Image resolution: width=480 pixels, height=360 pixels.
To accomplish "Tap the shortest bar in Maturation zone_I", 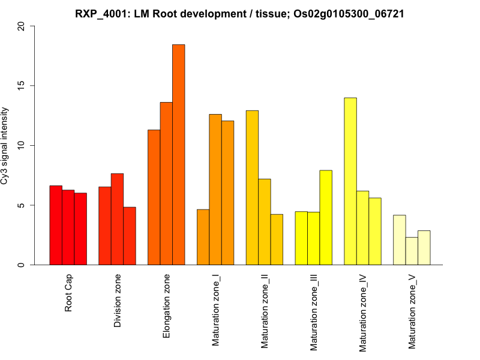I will click(x=203, y=237).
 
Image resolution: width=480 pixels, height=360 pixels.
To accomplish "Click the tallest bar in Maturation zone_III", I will click(x=326, y=218).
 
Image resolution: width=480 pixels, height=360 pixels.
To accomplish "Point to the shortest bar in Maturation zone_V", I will click(x=412, y=251).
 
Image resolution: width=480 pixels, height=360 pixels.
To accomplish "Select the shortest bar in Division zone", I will click(x=130, y=236).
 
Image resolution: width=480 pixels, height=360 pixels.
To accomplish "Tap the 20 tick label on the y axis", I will click(x=22, y=26).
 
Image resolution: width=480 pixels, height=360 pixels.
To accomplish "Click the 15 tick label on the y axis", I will click(x=22, y=86).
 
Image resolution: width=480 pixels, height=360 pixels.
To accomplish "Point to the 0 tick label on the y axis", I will click(x=22, y=265).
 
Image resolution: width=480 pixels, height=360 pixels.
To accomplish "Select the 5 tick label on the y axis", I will click(x=22, y=205).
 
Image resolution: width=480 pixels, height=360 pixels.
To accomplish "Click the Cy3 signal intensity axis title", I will click(x=5, y=146).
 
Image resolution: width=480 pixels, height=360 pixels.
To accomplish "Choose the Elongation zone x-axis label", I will click(x=167, y=306).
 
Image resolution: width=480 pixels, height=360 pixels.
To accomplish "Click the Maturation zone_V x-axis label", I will click(x=412, y=312).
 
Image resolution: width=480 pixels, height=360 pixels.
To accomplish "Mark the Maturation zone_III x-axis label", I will click(x=314, y=313).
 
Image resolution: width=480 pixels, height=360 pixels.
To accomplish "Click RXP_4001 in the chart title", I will click(x=100, y=13).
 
